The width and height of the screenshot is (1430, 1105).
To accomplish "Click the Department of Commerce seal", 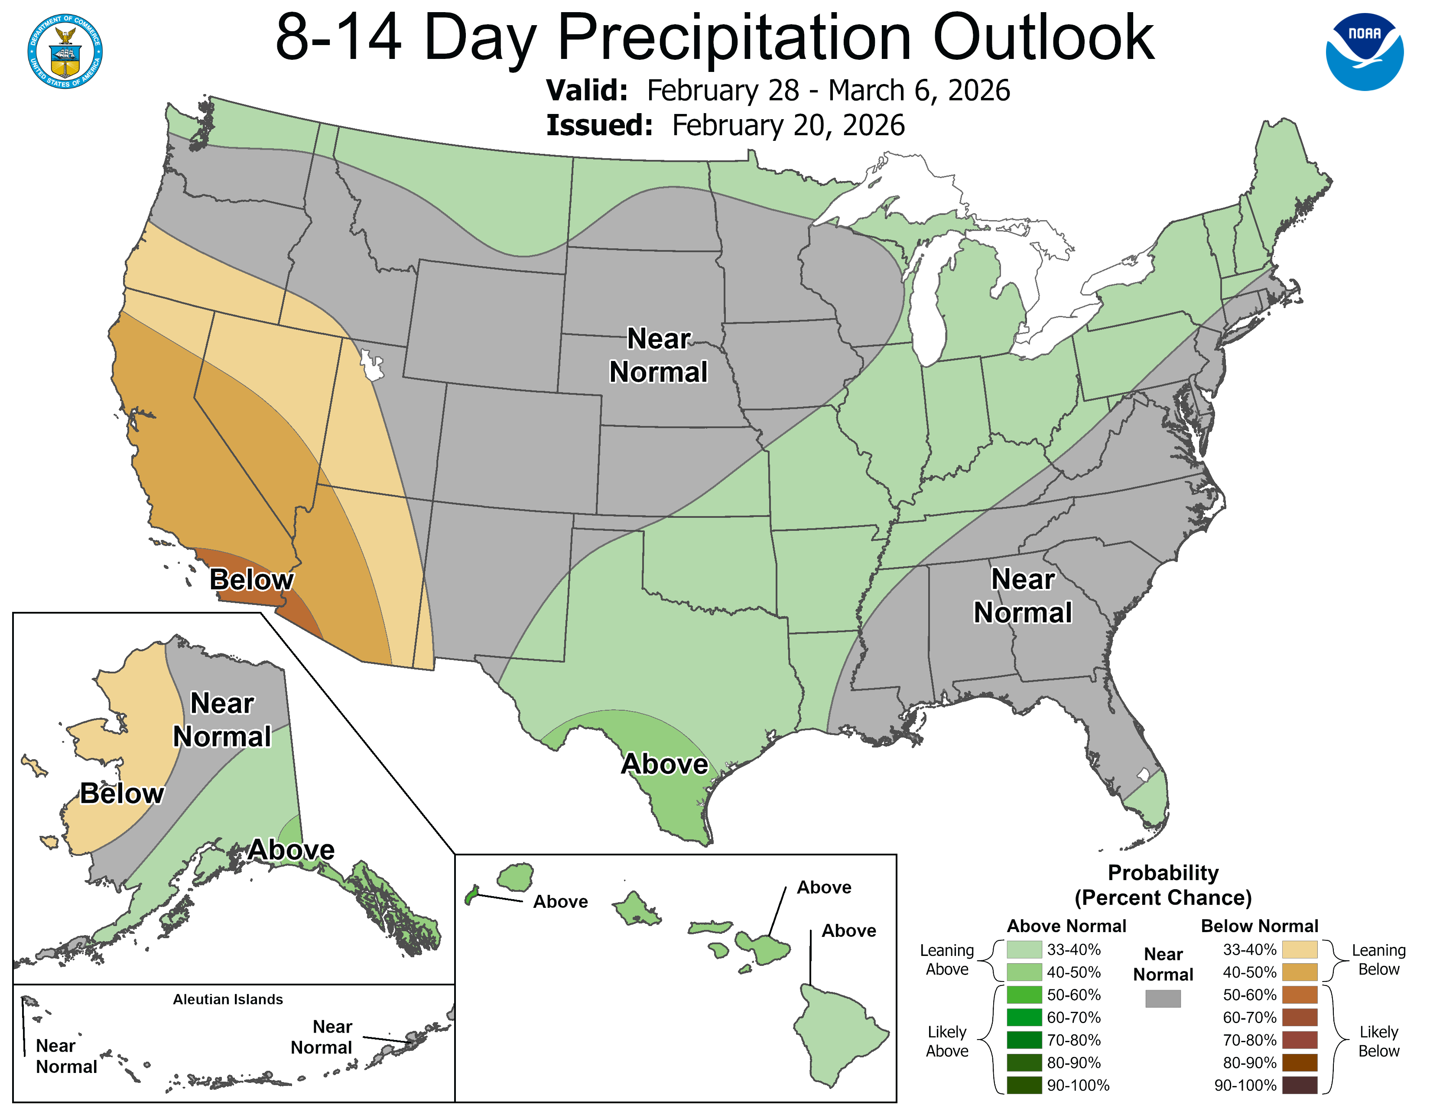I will [x=65, y=51].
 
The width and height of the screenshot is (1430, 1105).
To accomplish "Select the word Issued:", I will [x=599, y=126].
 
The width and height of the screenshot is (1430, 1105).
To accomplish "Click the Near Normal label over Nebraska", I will [x=658, y=355].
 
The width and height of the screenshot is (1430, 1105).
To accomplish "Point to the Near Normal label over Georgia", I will [x=1022, y=596].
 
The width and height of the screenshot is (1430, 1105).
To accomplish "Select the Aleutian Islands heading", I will [x=228, y=999].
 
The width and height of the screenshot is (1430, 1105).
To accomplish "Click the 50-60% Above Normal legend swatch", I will [x=1024, y=995].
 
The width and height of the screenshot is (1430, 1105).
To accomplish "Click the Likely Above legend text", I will [x=947, y=1041].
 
